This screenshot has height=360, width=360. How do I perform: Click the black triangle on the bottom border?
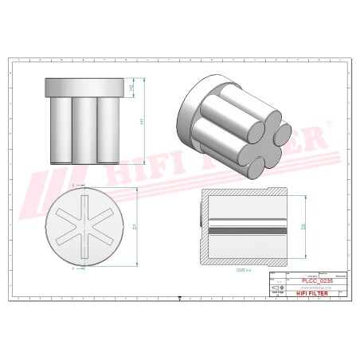coord(180,296)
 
